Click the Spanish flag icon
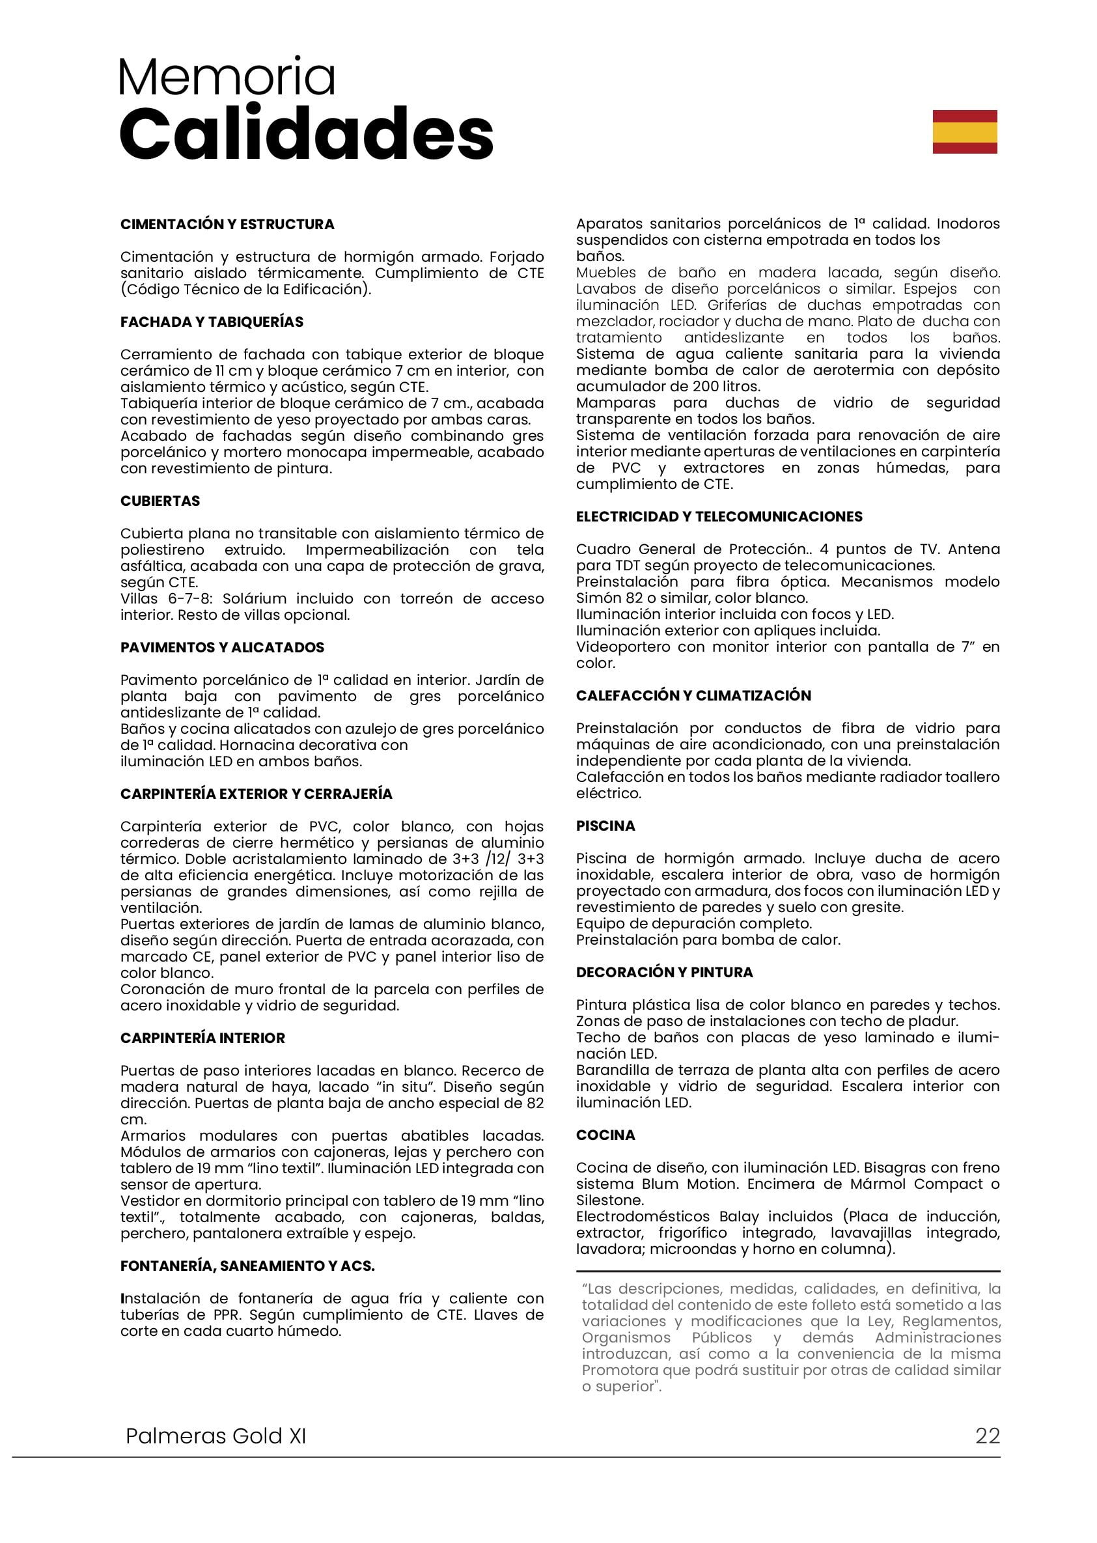965,132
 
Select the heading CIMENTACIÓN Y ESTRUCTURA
227,225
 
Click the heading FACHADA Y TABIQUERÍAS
212,322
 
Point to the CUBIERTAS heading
160,501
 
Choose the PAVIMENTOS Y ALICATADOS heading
222,648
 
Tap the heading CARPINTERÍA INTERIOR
202,1038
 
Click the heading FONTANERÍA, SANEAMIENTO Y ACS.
247,1266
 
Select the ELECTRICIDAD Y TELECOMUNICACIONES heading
719,517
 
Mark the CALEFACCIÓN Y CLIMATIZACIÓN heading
693,696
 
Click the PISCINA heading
605,826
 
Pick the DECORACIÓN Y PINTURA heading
664,973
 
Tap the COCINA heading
605,1135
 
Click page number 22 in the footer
987,1436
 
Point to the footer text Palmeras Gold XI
215,1436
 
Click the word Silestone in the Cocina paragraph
610,1201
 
